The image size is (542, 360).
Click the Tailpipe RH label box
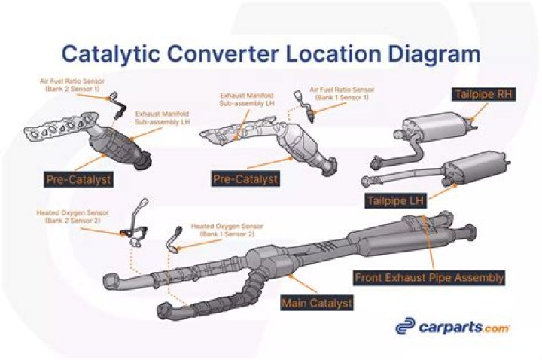[481, 95]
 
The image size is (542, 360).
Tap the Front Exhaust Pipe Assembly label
[428, 277]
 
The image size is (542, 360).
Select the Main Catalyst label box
[316, 303]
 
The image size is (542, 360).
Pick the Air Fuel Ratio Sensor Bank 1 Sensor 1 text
[346, 93]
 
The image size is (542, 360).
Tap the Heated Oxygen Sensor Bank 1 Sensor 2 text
[227, 230]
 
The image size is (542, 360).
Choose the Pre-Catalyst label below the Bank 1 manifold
[245, 179]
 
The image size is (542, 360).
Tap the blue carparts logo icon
[406, 327]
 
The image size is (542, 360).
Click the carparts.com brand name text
[464, 328]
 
